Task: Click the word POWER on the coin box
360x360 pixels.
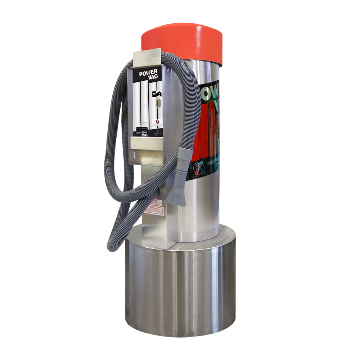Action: [148, 74]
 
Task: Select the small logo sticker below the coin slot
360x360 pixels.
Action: [158, 122]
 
